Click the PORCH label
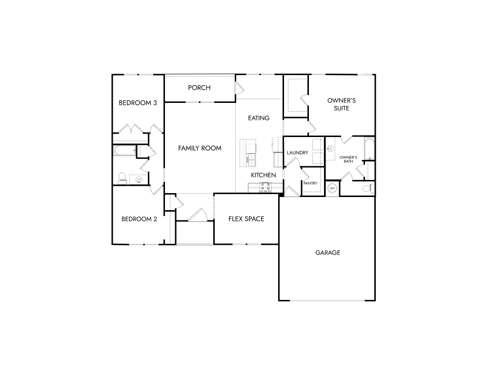(x=199, y=88)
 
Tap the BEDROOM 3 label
(x=138, y=102)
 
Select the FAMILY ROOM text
(x=200, y=148)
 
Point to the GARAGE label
(x=328, y=253)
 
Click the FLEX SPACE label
(x=246, y=219)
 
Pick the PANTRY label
(x=310, y=183)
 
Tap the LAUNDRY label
(x=298, y=153)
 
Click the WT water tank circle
(x=332, y=188)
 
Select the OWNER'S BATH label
(x=348, y=159)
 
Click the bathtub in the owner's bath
(x=369, y=149)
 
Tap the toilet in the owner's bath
(x=368, y=188)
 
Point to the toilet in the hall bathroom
(x=122, y=178)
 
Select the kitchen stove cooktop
(x=265, y=187)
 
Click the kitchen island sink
(x=251, y=159)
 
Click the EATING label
(x=259, y=118)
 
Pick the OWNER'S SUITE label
(x=342, y=104)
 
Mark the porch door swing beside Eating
(x=240, y=88)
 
